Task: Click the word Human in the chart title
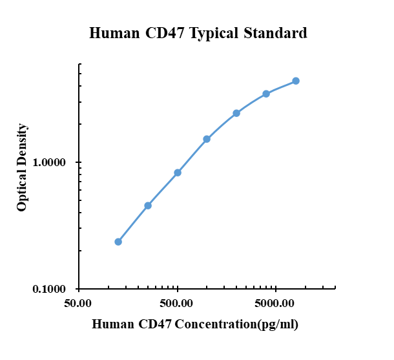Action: tap(112, 33)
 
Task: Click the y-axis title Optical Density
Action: tap(23, 167)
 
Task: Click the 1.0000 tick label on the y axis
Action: tap(50, 163)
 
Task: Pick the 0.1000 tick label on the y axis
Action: tap(50, 290)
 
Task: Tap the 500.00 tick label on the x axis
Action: tap(177, 303)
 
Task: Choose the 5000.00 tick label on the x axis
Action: tap(275, 303)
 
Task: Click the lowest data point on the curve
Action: tap(118, 242)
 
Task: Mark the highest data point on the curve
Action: tap(296, 81)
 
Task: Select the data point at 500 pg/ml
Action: tap(178, 173)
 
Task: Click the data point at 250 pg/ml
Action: tap(148, 206)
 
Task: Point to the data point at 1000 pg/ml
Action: tap(207, 139)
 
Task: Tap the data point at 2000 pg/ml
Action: tap(236, 113)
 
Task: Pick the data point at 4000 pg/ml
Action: tap(266, 94)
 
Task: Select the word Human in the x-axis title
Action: tap(114, 324)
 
